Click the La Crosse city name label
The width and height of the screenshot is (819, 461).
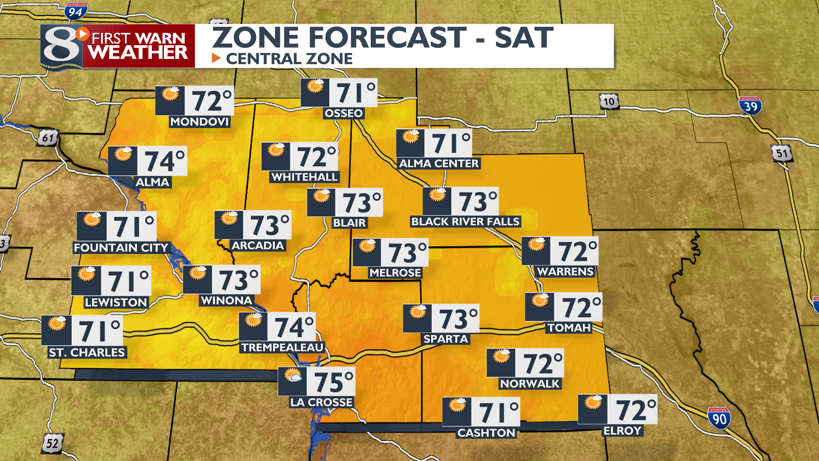[x=321, y=402]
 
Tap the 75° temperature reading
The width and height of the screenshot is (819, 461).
[x=334, y=382]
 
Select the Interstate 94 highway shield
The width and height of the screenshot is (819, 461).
[x=76, y=12]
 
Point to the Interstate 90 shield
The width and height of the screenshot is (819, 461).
[x=719, y=419]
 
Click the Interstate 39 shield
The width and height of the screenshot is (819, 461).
[x=750, y=106]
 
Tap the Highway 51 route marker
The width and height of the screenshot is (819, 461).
[x=782, y=153]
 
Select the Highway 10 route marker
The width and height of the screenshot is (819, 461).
[x=609, y=102]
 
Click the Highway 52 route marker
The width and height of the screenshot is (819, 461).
[x=52, y=443]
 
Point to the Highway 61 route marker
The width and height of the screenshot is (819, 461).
[x=48, y=138]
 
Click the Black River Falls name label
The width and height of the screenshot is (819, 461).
[x=465, y=222]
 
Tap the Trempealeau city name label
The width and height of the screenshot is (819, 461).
[x=282, y=347]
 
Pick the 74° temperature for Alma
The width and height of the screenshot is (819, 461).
[x=165, y=161]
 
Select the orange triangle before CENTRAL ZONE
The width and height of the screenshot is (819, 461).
[x=216, y=58]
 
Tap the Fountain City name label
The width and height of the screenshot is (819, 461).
[x=121, y=248]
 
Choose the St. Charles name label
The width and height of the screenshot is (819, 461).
[x=87, y=353]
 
